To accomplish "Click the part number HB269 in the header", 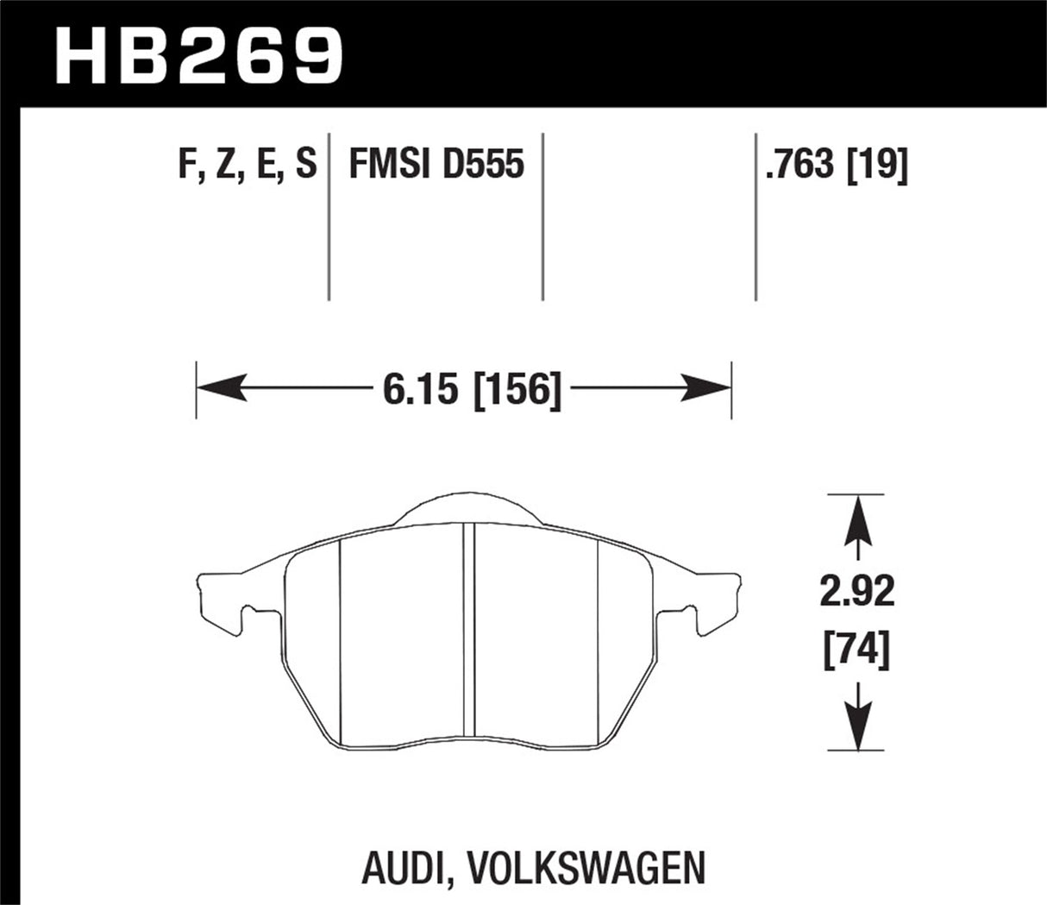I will tap(199, 53).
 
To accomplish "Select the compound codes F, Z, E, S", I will tap(247, 164).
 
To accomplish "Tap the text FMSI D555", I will tap(436, 164).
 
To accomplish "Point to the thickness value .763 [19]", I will tap(836, 164).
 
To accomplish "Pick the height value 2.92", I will tap(857, 594).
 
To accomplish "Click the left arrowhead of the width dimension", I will tap(216, 390).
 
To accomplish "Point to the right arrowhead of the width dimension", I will tap(712, 390).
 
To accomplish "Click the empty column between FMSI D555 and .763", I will tap(649, 216).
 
